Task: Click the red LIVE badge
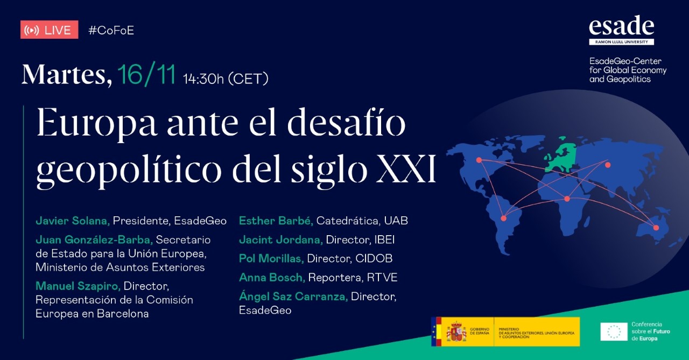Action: [x=49, y=30]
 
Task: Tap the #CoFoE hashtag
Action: [x=111, y=30]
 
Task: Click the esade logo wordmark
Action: [x=621, y=26]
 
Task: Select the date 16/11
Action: [x=146, y=75]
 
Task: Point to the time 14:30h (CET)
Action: [x=226, y=79]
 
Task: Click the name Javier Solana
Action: [x=73, y=221]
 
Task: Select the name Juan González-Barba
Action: [x=94, y=239]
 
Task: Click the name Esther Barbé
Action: [x=276, y=221]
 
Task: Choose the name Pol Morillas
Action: [x=271, y=258]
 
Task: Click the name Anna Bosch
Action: [x=272, y=278]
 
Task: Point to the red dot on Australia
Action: [x=656, y=228]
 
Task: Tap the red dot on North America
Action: [x=479, y=159]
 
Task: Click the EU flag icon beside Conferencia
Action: [x=614, y=331]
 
